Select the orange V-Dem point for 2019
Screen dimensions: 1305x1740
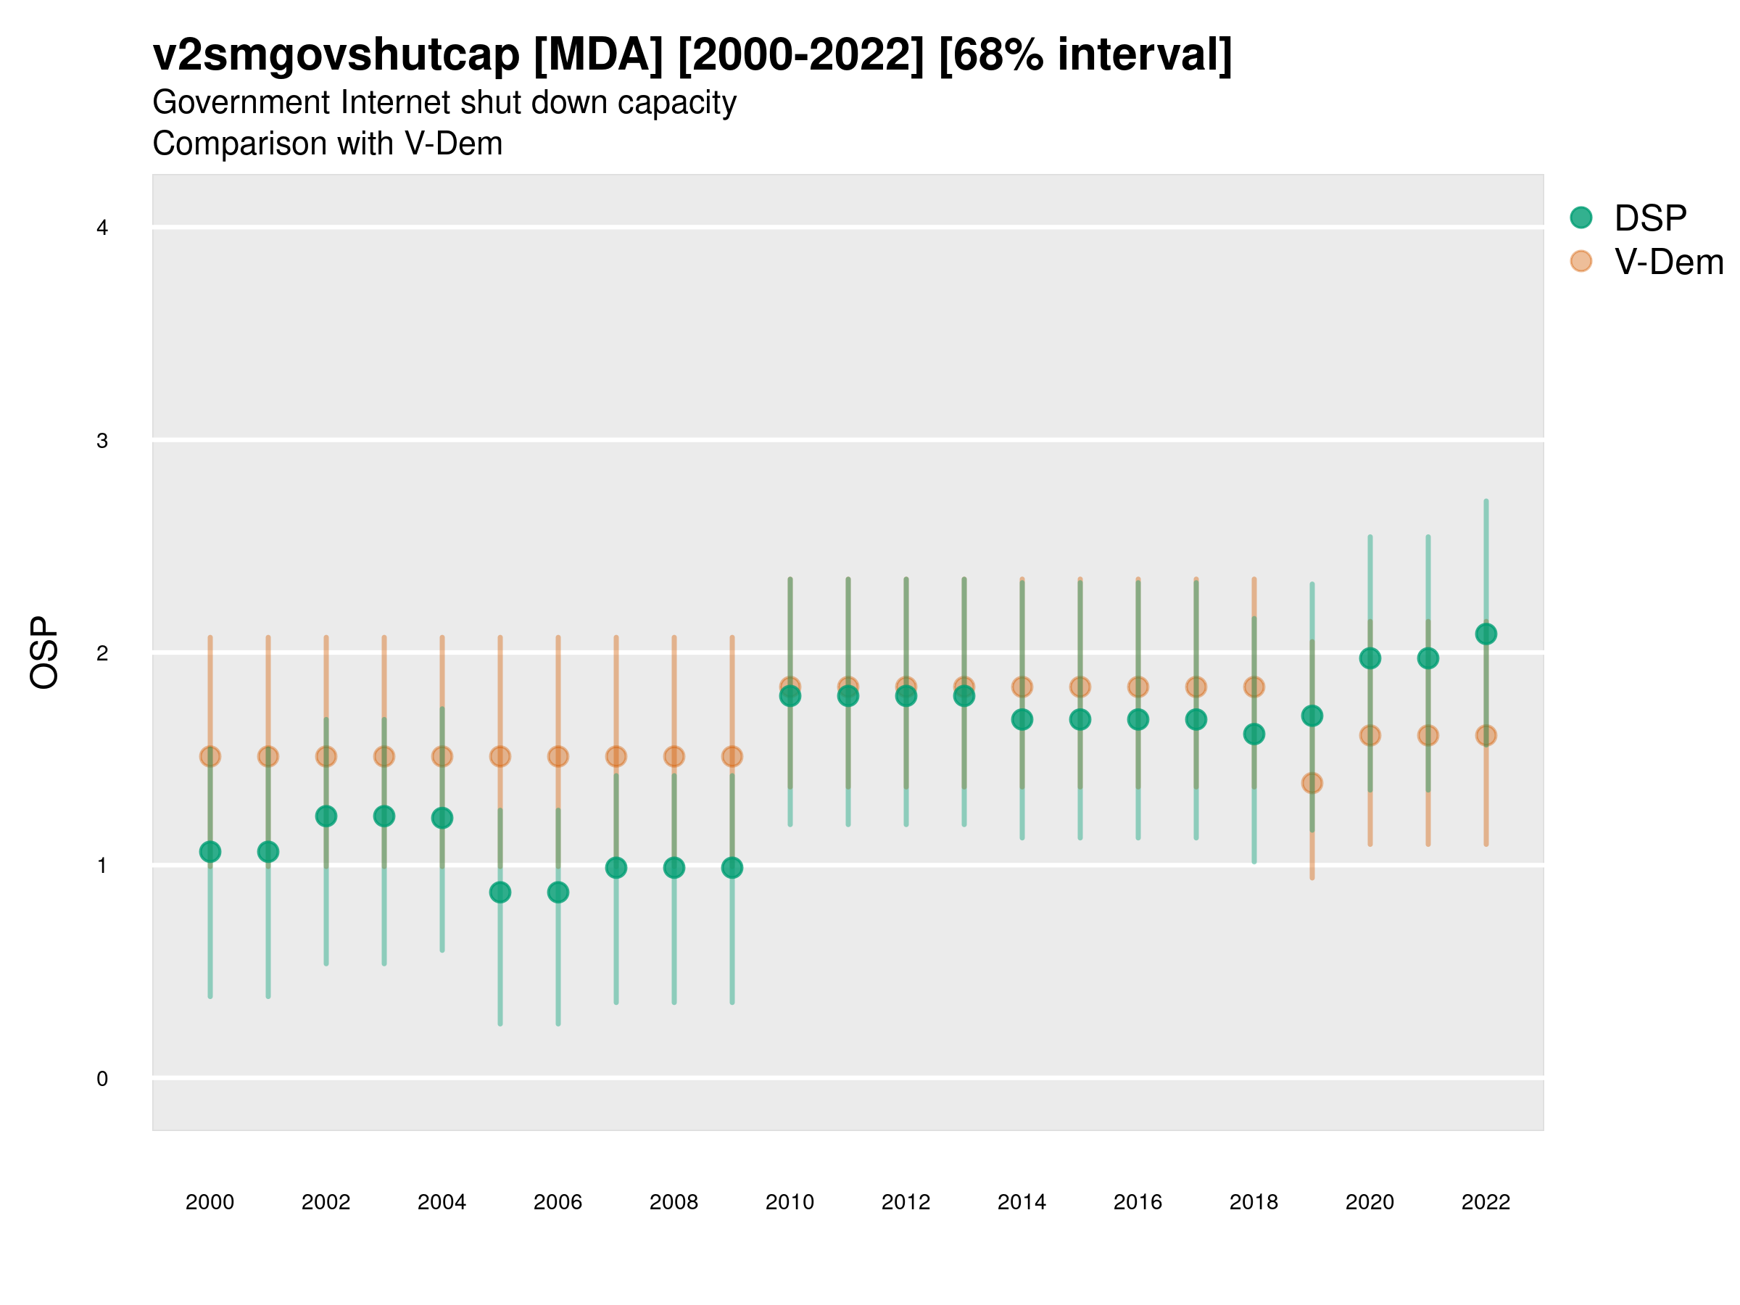1312,783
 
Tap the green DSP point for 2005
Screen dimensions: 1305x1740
500,892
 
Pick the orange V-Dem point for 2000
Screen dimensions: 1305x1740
210,756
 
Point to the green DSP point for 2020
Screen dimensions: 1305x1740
1370,658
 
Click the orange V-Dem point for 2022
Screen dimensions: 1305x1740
1486,735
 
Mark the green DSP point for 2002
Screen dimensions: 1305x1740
326,816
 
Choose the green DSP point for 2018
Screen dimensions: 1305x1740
1254,734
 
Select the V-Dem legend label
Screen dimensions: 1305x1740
1668,262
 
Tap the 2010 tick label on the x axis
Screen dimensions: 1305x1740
790,1202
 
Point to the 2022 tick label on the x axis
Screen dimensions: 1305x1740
1486,1202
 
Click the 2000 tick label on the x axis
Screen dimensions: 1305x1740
210,1202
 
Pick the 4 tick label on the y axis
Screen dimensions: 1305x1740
102,228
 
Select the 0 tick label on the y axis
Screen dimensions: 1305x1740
102,1079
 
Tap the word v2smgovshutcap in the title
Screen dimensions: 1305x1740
336,55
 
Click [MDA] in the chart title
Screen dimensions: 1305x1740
598,55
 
